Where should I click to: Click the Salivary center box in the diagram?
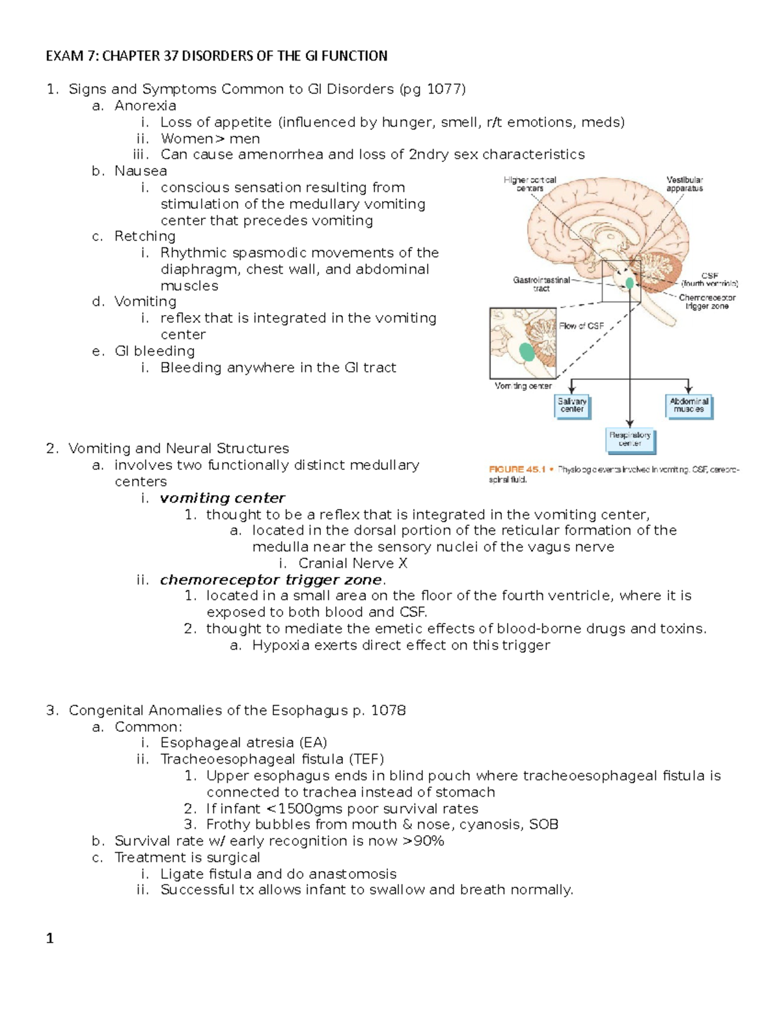point(572,406)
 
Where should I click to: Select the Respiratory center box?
point(629,439)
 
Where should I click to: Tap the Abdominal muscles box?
point(689,406)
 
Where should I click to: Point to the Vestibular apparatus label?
point(684,184)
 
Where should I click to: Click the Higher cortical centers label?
point(530,184)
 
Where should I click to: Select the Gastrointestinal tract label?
point(541,284)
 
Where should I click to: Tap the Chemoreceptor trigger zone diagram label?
point(707,301)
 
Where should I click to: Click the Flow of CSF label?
point(581,326)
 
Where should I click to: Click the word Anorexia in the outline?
point(145,105)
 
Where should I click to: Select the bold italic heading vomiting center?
point(223,498)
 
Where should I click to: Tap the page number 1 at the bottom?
point(50,938)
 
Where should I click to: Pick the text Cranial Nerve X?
point(353,563)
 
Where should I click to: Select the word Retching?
point(145,236)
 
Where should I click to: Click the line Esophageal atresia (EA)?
point(243,743)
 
